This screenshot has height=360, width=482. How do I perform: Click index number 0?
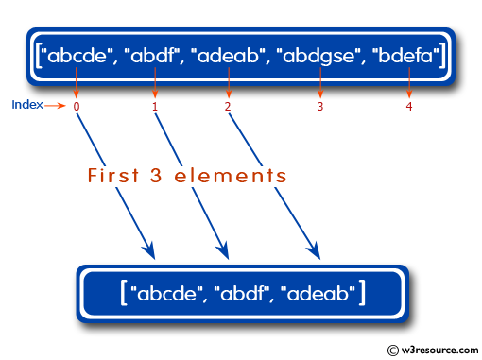point(77,106)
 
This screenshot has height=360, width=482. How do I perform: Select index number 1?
point(154,106)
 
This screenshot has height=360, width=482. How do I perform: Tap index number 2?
point(228,106)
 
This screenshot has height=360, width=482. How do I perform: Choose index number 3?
point(320,106)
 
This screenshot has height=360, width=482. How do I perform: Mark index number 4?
point(409,106)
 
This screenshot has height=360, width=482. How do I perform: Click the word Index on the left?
point(27,104)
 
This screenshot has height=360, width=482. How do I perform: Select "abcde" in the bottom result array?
point(167,294)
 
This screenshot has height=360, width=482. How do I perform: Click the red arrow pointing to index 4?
point(409,87)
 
